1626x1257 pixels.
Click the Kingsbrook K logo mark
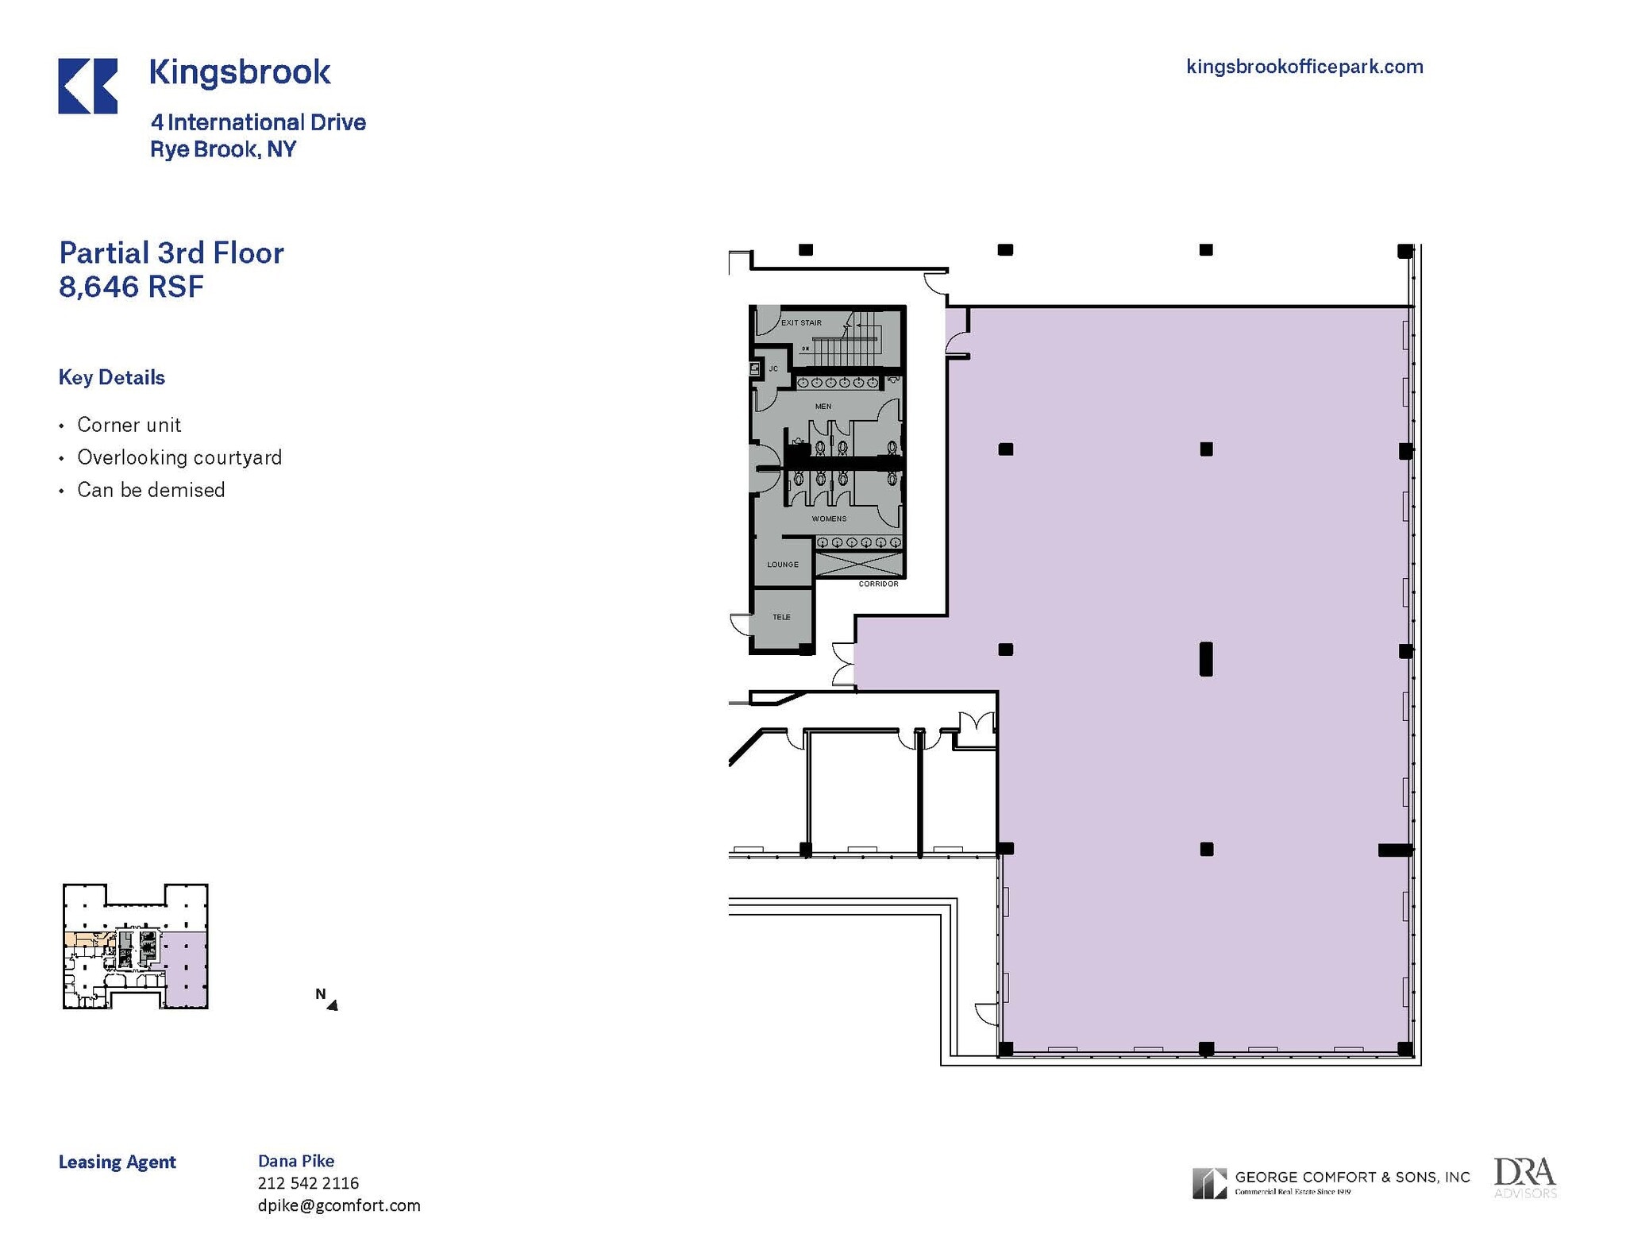pyautogui.click(x=87, y=86)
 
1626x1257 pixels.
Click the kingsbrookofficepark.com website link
pyautogui.click(x=1304, y=67)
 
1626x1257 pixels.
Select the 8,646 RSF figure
pyautogui.click(x=131, y=287)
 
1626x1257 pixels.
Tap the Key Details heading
pyautogui.click(x=112, y=377)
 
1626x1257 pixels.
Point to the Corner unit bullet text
pyautogui.click(x=129, y=425)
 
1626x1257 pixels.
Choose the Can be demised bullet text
pyautogui.click(x=151, y=490)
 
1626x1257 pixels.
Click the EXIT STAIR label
pyautogui.click(x=801, y=322)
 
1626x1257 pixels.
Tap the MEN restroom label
pyautogui.click(x=823, y=407)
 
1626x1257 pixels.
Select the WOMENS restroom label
pyautogui.click(x=829, y=519)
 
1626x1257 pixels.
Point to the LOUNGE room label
pyautogui.click(x=783, y=565)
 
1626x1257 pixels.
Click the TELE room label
pyautogui.click(x=781, y=617)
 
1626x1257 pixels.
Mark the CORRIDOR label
pyautogui.click(x=878, y=584)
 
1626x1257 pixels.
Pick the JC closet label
pyautogui.click(x=773, y=368)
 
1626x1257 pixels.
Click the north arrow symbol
pyautogui.click(x=332, y=1004)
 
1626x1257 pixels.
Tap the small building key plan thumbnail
pyautogui.click(x=136, y=946)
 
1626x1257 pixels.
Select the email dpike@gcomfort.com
pyautogui.click(x=339, y=1205)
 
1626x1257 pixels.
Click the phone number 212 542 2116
pyautogui.click(x=308, y=1183)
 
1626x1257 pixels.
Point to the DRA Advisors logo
pyautogui.click(x=1524, y=1178)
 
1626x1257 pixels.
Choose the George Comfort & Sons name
pyautogui.click(x=1352, y=1177)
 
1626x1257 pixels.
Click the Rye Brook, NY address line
pyautogui.click(x=223, y=149)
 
